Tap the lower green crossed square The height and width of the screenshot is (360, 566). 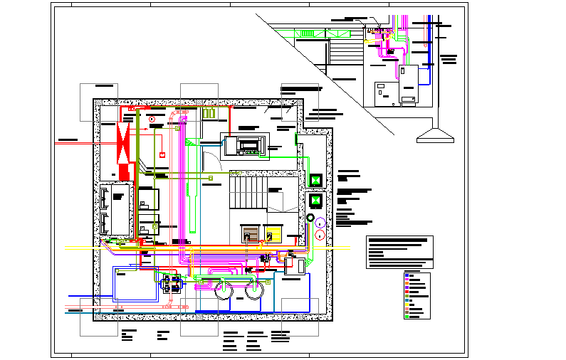[315, 201]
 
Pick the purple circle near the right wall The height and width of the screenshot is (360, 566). [321, 222]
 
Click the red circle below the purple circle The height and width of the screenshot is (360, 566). [321, 234]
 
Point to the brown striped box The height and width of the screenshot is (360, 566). [249, 233]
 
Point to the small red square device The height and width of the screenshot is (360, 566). [162, 154]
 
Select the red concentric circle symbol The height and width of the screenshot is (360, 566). [152, 118]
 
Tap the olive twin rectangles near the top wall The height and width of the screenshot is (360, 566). [209, 113]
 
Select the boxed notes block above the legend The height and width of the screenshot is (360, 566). [399, 252]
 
